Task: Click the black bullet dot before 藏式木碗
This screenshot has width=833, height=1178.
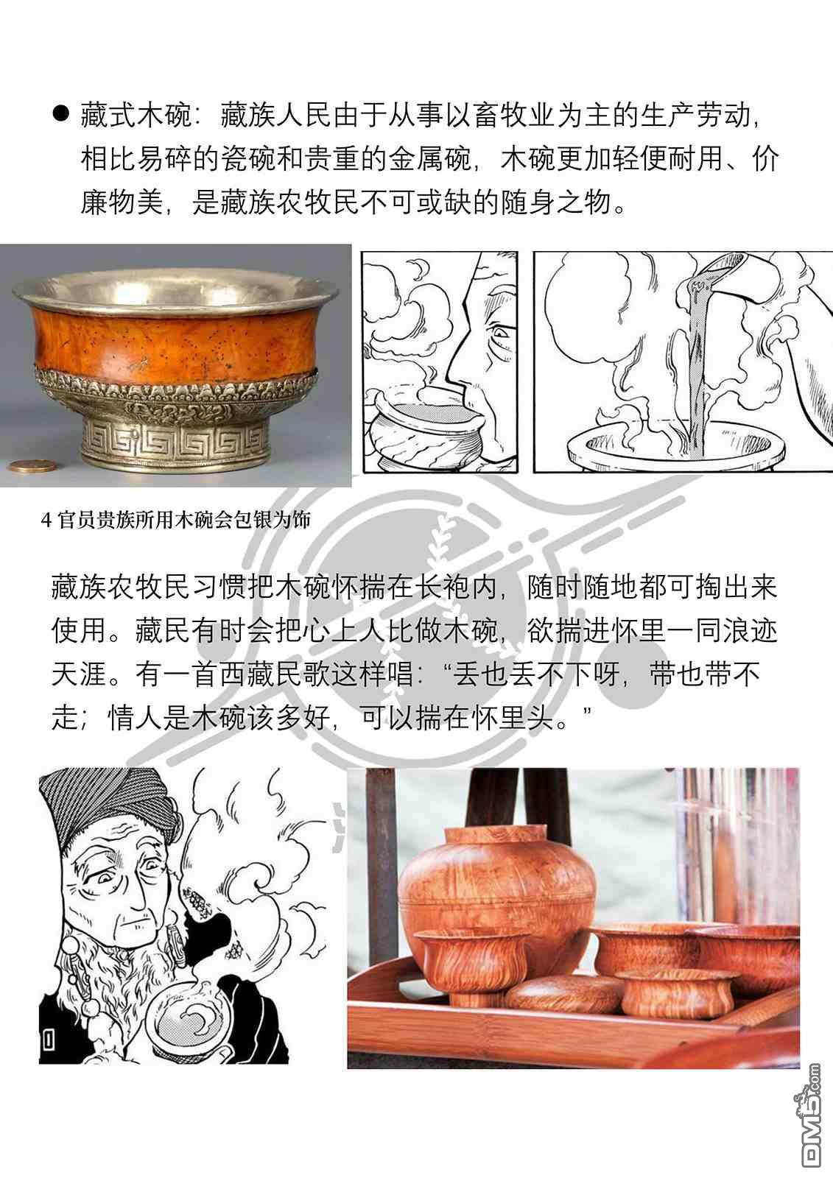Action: pyautogui.click(x=61, y=113)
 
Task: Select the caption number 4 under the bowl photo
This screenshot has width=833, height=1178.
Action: pyautogui.click(x=46, y=521)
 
